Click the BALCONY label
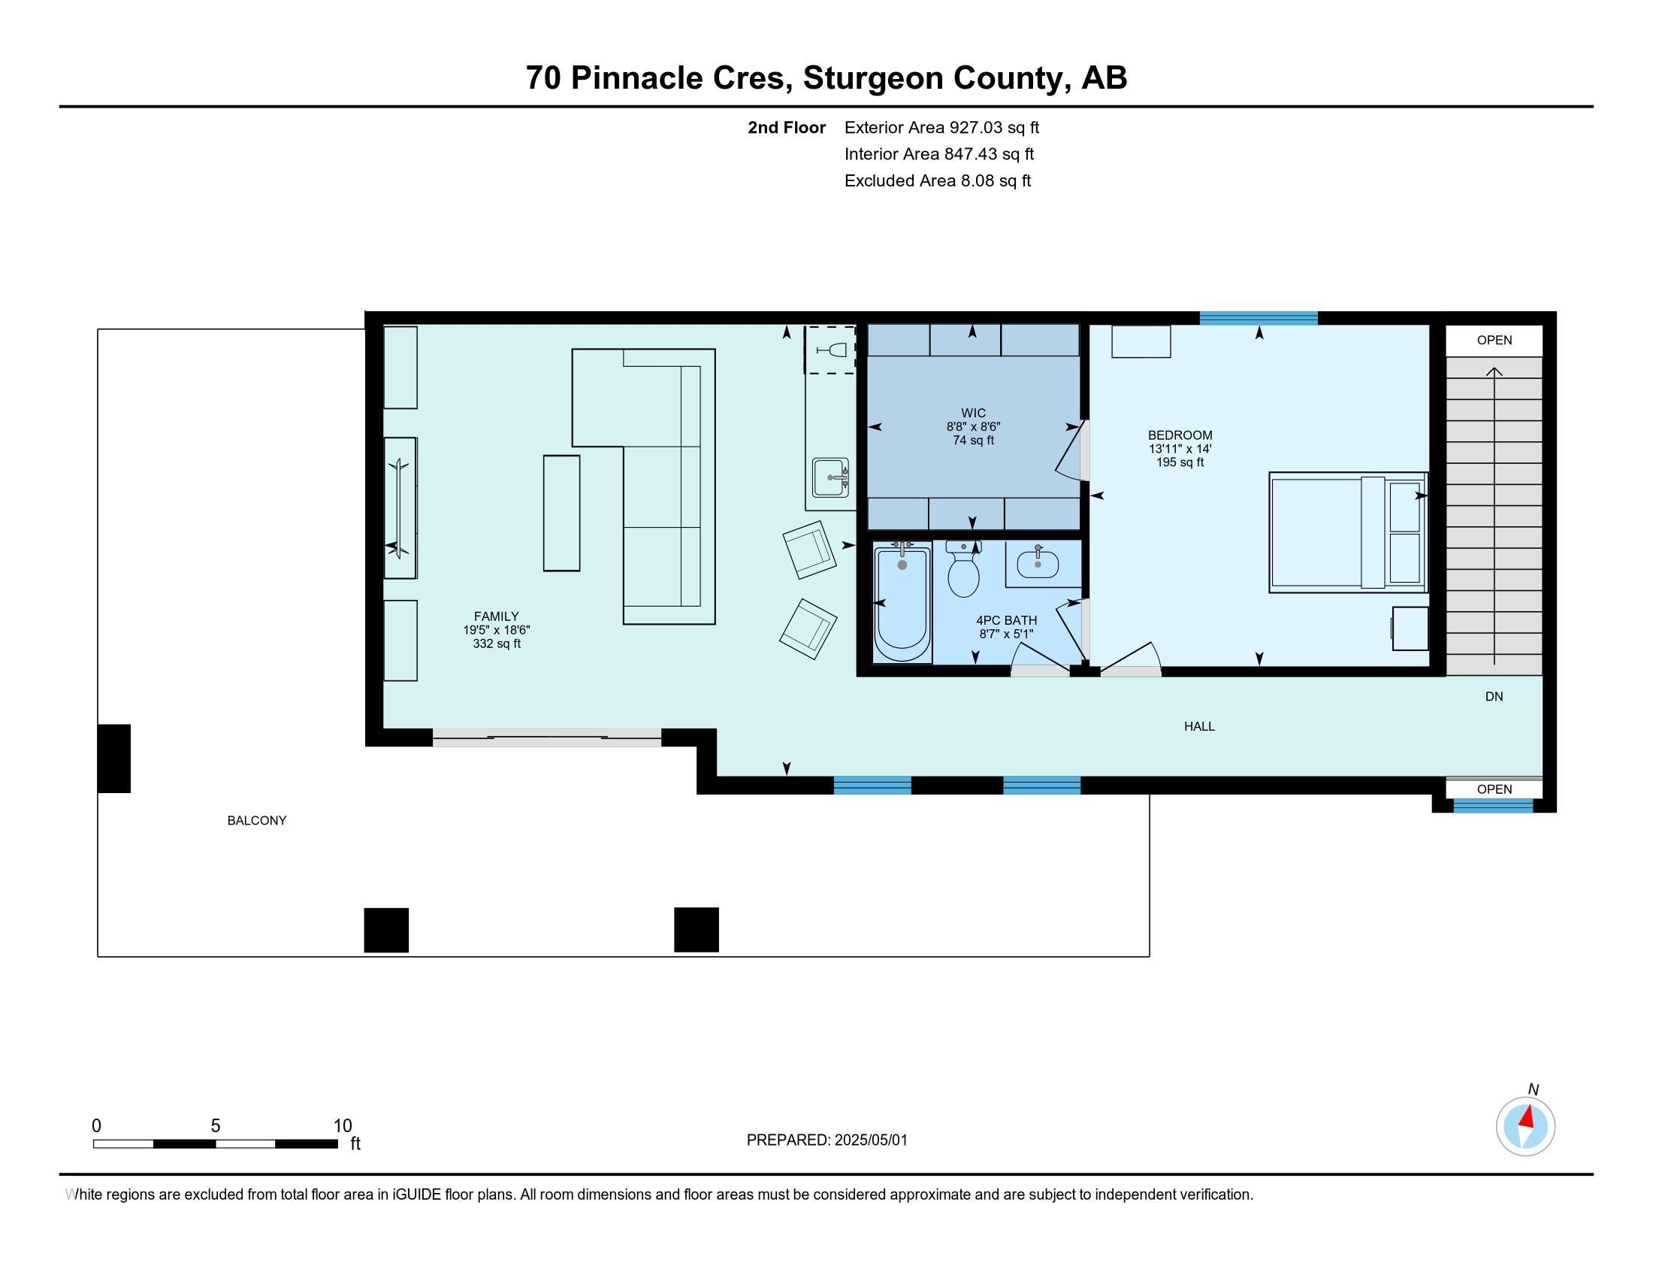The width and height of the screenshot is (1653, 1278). [256, 821]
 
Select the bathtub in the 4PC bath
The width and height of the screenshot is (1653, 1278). [902, 604]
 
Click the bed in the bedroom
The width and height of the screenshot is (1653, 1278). [1348, 532]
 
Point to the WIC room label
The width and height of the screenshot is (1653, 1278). [973, 413]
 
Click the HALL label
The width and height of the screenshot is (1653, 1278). [1200, 727]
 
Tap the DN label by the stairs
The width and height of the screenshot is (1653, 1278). [1494, 697]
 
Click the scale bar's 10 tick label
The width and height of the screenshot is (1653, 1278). [343, 1126]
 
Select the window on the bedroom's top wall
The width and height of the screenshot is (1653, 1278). [1259, 318]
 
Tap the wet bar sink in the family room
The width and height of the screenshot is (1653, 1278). [830, 477]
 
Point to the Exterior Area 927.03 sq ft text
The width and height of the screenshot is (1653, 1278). [941, 128]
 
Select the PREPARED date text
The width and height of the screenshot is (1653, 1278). [826, 1140]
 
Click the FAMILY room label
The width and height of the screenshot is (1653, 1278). [497, 617]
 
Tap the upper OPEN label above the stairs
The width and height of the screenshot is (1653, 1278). [1494, 341]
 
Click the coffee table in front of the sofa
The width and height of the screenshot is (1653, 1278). [561, 513]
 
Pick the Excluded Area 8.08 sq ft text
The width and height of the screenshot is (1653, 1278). [938, 181]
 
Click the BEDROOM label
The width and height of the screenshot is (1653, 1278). [1180, 435]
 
